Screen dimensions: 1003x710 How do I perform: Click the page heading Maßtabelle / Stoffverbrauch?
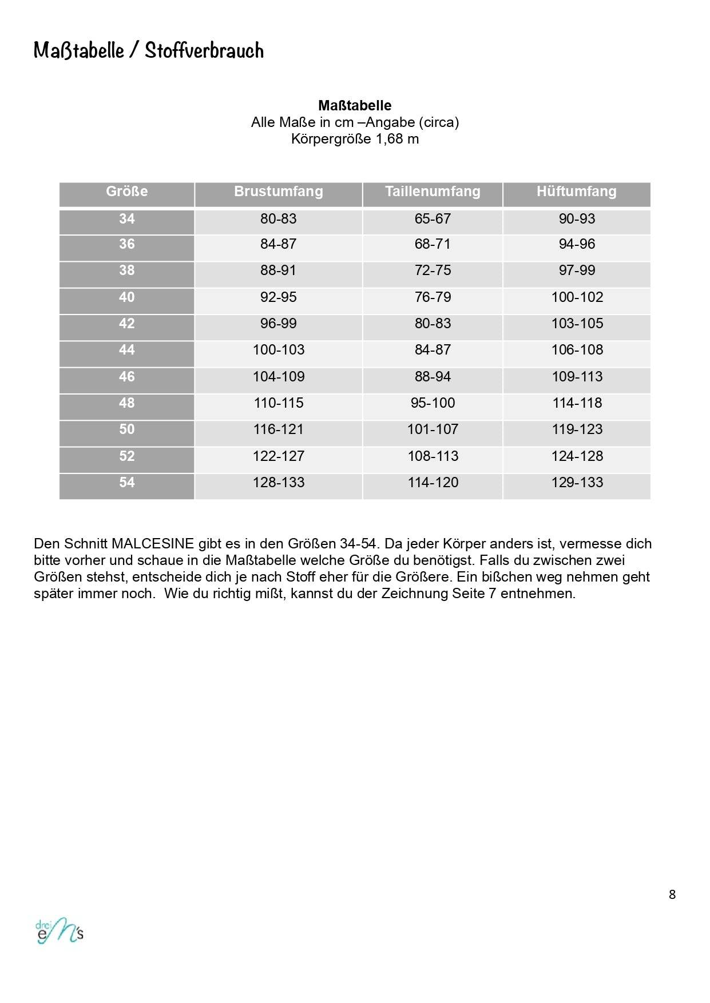point(149,50)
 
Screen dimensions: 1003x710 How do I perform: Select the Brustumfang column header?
point(278,192)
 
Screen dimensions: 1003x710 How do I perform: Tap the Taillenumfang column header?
point(433,192)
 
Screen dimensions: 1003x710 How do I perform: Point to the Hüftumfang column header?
point(576,192)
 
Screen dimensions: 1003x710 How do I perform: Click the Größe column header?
point(126,192)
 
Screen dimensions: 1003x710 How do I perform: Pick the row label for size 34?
point(126,219)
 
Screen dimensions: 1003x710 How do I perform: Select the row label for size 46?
point(126,377)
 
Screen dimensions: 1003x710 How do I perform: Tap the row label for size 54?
point(126,483)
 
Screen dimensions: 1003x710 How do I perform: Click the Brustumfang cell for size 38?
point(278,270)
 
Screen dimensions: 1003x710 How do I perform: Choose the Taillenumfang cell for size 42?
point(433,324)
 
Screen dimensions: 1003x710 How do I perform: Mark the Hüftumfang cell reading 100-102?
point(577,297)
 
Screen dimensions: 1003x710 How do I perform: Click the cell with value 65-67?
point(433,219)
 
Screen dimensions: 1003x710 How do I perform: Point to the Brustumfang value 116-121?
point(278,429)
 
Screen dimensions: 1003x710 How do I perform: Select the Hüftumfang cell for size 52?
point(577,456)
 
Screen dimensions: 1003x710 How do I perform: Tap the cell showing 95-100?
point(433,403)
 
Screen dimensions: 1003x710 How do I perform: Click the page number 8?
point(672,895)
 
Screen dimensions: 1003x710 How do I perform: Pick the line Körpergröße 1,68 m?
point(355,139)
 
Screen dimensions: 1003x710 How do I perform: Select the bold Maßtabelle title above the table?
point(355,106)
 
